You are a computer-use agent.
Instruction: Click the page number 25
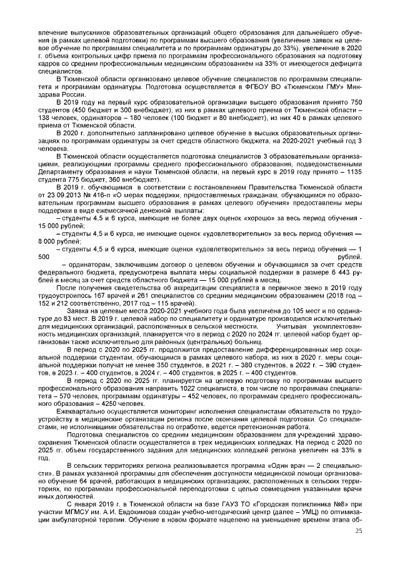(x=358, y=531)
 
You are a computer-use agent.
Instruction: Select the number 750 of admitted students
(x=354, y=101)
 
